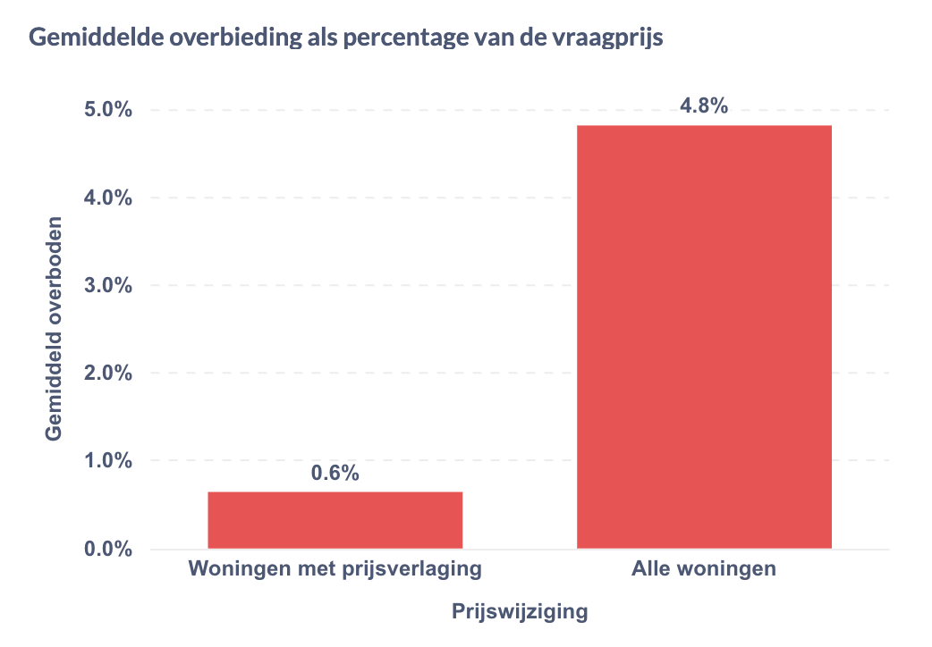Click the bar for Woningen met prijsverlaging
(335, 519)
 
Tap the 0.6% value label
(335, 474)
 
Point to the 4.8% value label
(704, 106)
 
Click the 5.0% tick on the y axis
(108, 111)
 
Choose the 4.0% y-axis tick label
(108, 198)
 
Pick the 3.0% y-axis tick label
(108, 286)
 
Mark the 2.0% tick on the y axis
(108, 374)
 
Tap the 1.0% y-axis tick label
(108, 461)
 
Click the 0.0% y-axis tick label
(108, 549)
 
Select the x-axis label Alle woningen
(704, 569)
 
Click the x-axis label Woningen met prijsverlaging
(335, 569)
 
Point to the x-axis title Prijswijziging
(519, 612)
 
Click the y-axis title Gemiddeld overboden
(55, 328)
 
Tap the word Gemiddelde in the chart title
(87, 38)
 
